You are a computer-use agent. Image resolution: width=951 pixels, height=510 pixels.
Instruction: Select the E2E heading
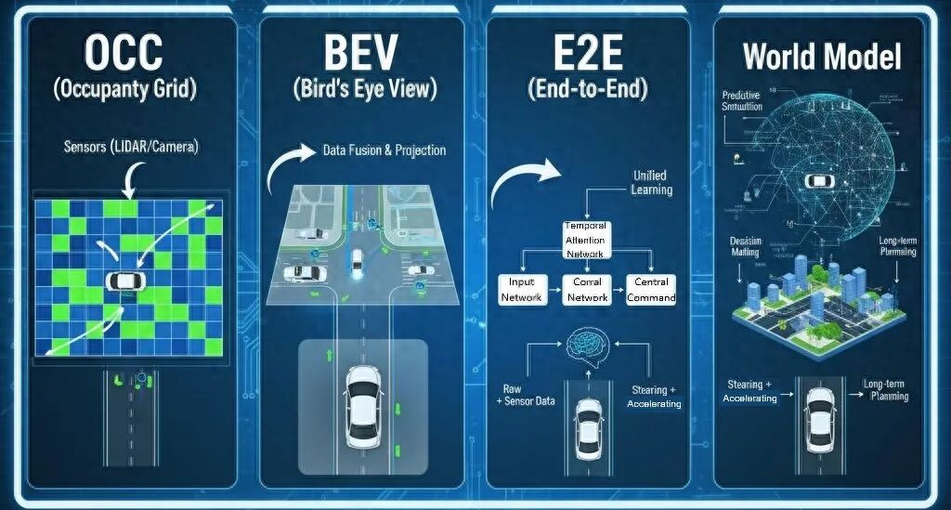pyautogui.click(x=588, y=54)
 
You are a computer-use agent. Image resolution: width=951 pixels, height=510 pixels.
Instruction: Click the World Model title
pyautogui.click(x=822, y=58)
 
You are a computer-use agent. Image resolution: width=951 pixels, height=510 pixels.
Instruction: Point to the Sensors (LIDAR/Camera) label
pyautogui.click(x=131, y=147)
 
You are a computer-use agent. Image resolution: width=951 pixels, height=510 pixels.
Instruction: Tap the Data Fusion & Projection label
pyautogui.click(x=384, y=150)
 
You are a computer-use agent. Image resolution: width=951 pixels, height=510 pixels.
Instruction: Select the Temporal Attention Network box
pyautogui.click(x=585, y=240)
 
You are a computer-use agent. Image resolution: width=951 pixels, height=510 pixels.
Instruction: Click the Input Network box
pyautogui.click(x=520, y=289)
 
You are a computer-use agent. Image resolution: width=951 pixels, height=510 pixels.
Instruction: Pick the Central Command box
pyautogui.click(x=650, y=289)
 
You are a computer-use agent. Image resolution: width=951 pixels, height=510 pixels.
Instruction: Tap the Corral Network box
pyautogui.click(x=587, y=289)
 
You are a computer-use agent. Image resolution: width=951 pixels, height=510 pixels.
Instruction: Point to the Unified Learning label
pyautogui.click(x=649, y=182)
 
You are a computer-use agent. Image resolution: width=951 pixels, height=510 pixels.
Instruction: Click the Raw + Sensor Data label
pyautogui.click(x=526, y=396)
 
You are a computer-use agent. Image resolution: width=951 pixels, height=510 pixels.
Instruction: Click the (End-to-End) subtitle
pyautogui.click(x=587, y=90)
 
